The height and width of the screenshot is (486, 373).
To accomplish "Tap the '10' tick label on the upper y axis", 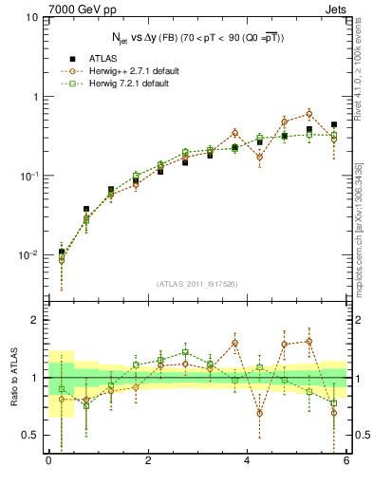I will [32, 18].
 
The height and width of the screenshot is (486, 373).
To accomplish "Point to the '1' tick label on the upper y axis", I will [35, 97].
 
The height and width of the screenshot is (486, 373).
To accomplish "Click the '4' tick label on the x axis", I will [248, 460].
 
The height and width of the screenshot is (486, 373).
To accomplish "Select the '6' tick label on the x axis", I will [346, 460].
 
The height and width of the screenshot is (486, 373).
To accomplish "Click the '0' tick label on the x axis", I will [48, 460].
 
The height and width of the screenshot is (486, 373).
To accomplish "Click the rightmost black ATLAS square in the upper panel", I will [333, 124].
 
